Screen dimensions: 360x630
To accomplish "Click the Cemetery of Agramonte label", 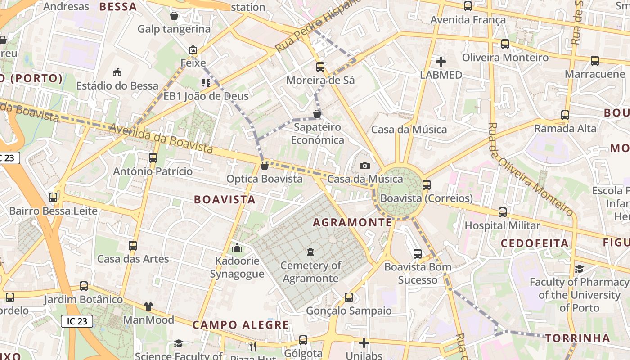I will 310,272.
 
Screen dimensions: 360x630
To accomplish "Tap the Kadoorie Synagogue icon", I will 237,247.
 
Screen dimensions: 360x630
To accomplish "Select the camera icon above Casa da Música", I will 365,166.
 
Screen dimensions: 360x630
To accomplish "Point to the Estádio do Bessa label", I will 117,85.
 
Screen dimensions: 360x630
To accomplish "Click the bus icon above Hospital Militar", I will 503,212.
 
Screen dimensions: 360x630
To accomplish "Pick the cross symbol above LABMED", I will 441,62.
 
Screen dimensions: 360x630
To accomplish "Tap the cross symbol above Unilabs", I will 364,343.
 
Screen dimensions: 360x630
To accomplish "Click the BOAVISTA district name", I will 225,199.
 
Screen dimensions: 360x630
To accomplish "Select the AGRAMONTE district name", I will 352,222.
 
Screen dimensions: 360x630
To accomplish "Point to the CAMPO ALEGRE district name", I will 241,324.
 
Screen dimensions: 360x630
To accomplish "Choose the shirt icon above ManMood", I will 148,306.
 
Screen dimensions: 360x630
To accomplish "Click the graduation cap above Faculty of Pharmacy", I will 580,269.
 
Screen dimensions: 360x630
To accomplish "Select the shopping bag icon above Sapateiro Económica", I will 317,114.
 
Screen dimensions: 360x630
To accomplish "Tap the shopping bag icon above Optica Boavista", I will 265,166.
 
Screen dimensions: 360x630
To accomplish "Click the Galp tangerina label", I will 174,29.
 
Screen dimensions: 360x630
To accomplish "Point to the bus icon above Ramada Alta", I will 565,115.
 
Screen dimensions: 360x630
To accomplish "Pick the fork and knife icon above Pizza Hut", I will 253,346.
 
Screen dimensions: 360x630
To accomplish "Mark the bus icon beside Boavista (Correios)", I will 427,185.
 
